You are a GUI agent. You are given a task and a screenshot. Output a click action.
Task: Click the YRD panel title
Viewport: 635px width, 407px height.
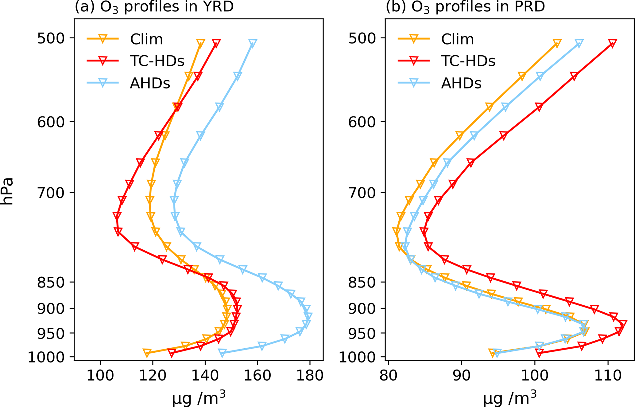[x=154, y=7]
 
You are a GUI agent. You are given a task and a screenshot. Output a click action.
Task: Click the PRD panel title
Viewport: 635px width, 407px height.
[x=465, y=7]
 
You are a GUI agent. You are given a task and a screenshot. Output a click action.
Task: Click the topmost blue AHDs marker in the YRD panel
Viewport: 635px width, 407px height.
[x=253, y=43]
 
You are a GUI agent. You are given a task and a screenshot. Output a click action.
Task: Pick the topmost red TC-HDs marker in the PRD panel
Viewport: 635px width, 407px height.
[x=612, y=43]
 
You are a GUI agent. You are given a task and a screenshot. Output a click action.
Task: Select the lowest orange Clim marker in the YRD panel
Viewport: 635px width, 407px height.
[x=147, y=353]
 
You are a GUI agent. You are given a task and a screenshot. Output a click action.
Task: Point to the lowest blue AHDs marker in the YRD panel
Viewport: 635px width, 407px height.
[x=222, y=353]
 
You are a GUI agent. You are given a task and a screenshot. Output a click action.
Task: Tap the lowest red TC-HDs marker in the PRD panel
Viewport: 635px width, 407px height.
[x=539, y=353]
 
